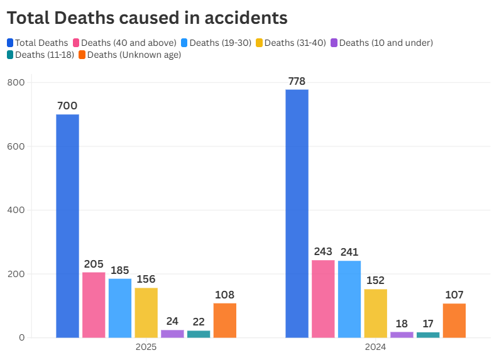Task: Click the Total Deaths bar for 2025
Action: click(x=67, y=226)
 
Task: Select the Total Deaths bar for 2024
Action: click(x=297, y=214)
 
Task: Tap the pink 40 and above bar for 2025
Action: click(x=94, y=305)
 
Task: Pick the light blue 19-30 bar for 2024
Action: click(x=349, y=299)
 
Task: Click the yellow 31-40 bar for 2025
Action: click(x=146, y=312)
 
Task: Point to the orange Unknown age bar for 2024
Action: click(x=454, y=320)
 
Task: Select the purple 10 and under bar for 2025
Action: click(x=172, y=334)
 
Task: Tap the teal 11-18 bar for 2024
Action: click(x=428, y=335)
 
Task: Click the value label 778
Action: click(x=297, y=81)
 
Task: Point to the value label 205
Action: click(x=94, y=264)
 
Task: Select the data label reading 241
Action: click(x=349, y=252)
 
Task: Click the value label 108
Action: click(x=225, y=295)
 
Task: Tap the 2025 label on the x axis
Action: click(x=146, y=347)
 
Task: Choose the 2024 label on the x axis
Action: click(x=375, y=347)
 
